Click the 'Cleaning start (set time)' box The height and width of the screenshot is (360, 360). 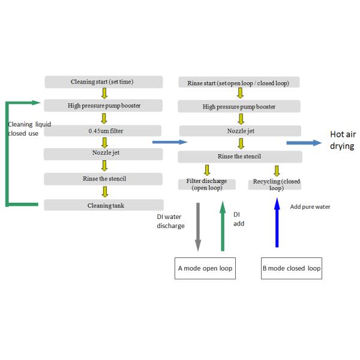click(103, 82)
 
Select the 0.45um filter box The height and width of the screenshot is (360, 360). click(103, 130)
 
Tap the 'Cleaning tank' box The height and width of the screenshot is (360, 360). click(103, 205)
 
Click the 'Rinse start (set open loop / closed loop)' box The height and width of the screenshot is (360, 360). click(238, 82)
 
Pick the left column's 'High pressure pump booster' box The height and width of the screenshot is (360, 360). click(103, 106)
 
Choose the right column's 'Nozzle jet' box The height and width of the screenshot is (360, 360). click(238, 130)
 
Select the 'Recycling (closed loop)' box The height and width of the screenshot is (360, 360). click(276, 184)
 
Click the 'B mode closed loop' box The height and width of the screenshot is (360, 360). click(292, 268)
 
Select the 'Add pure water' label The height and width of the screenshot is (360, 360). click(310, 207)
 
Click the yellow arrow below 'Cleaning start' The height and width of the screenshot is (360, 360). click(104, 94)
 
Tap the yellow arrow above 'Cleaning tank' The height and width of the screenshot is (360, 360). click(104, 192)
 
